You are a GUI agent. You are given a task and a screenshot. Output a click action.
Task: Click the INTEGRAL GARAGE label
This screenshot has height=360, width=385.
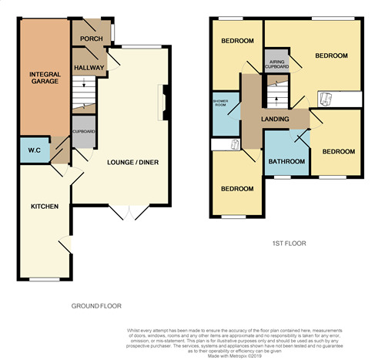pos(45,77)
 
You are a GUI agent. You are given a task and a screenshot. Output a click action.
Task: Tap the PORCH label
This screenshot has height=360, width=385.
pos(86,39)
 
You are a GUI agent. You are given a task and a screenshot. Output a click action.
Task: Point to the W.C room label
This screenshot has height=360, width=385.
pos(34,150)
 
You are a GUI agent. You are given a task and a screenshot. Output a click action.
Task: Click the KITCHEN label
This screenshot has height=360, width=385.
pos(44,207)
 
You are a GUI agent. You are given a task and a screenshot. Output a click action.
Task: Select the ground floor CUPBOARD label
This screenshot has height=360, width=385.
pos(84,132)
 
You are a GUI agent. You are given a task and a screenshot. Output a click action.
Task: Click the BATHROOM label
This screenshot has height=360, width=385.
pos(286,161)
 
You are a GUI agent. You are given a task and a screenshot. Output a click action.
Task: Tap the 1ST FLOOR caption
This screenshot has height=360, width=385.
pos(290,244)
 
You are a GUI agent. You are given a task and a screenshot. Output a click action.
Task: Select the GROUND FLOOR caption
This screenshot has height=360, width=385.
pos(96,306)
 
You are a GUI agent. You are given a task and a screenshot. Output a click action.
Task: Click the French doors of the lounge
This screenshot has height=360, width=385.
pos(124,211)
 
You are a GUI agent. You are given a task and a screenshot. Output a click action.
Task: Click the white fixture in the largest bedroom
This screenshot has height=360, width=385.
pos(326,98)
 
